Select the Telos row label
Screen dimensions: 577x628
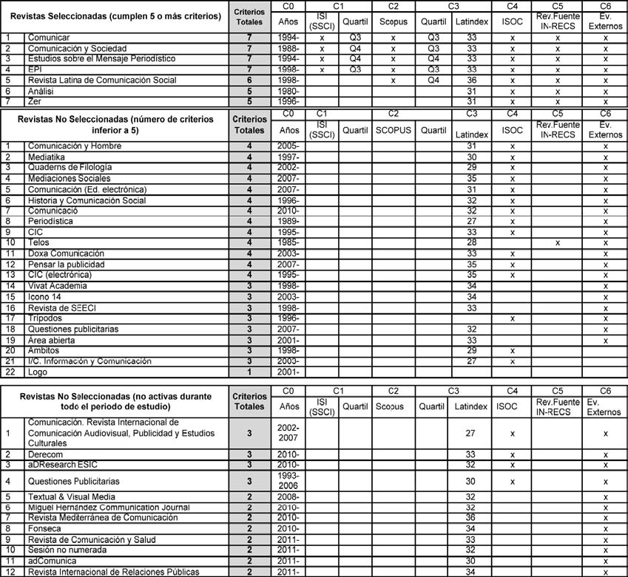tap(38, 242)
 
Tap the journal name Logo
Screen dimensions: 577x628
tap(38, 372)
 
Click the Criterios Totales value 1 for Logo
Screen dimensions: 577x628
tap(249, 372)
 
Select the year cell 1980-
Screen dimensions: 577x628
tap(288, 91)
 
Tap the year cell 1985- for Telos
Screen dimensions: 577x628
tap(288, 242)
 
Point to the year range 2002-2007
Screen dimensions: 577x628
tap(288, 433)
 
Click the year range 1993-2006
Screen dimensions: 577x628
tap(288, 479)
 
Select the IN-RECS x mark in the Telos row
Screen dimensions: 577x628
tap(558, 242)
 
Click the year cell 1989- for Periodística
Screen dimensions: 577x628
tap(288, 220)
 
